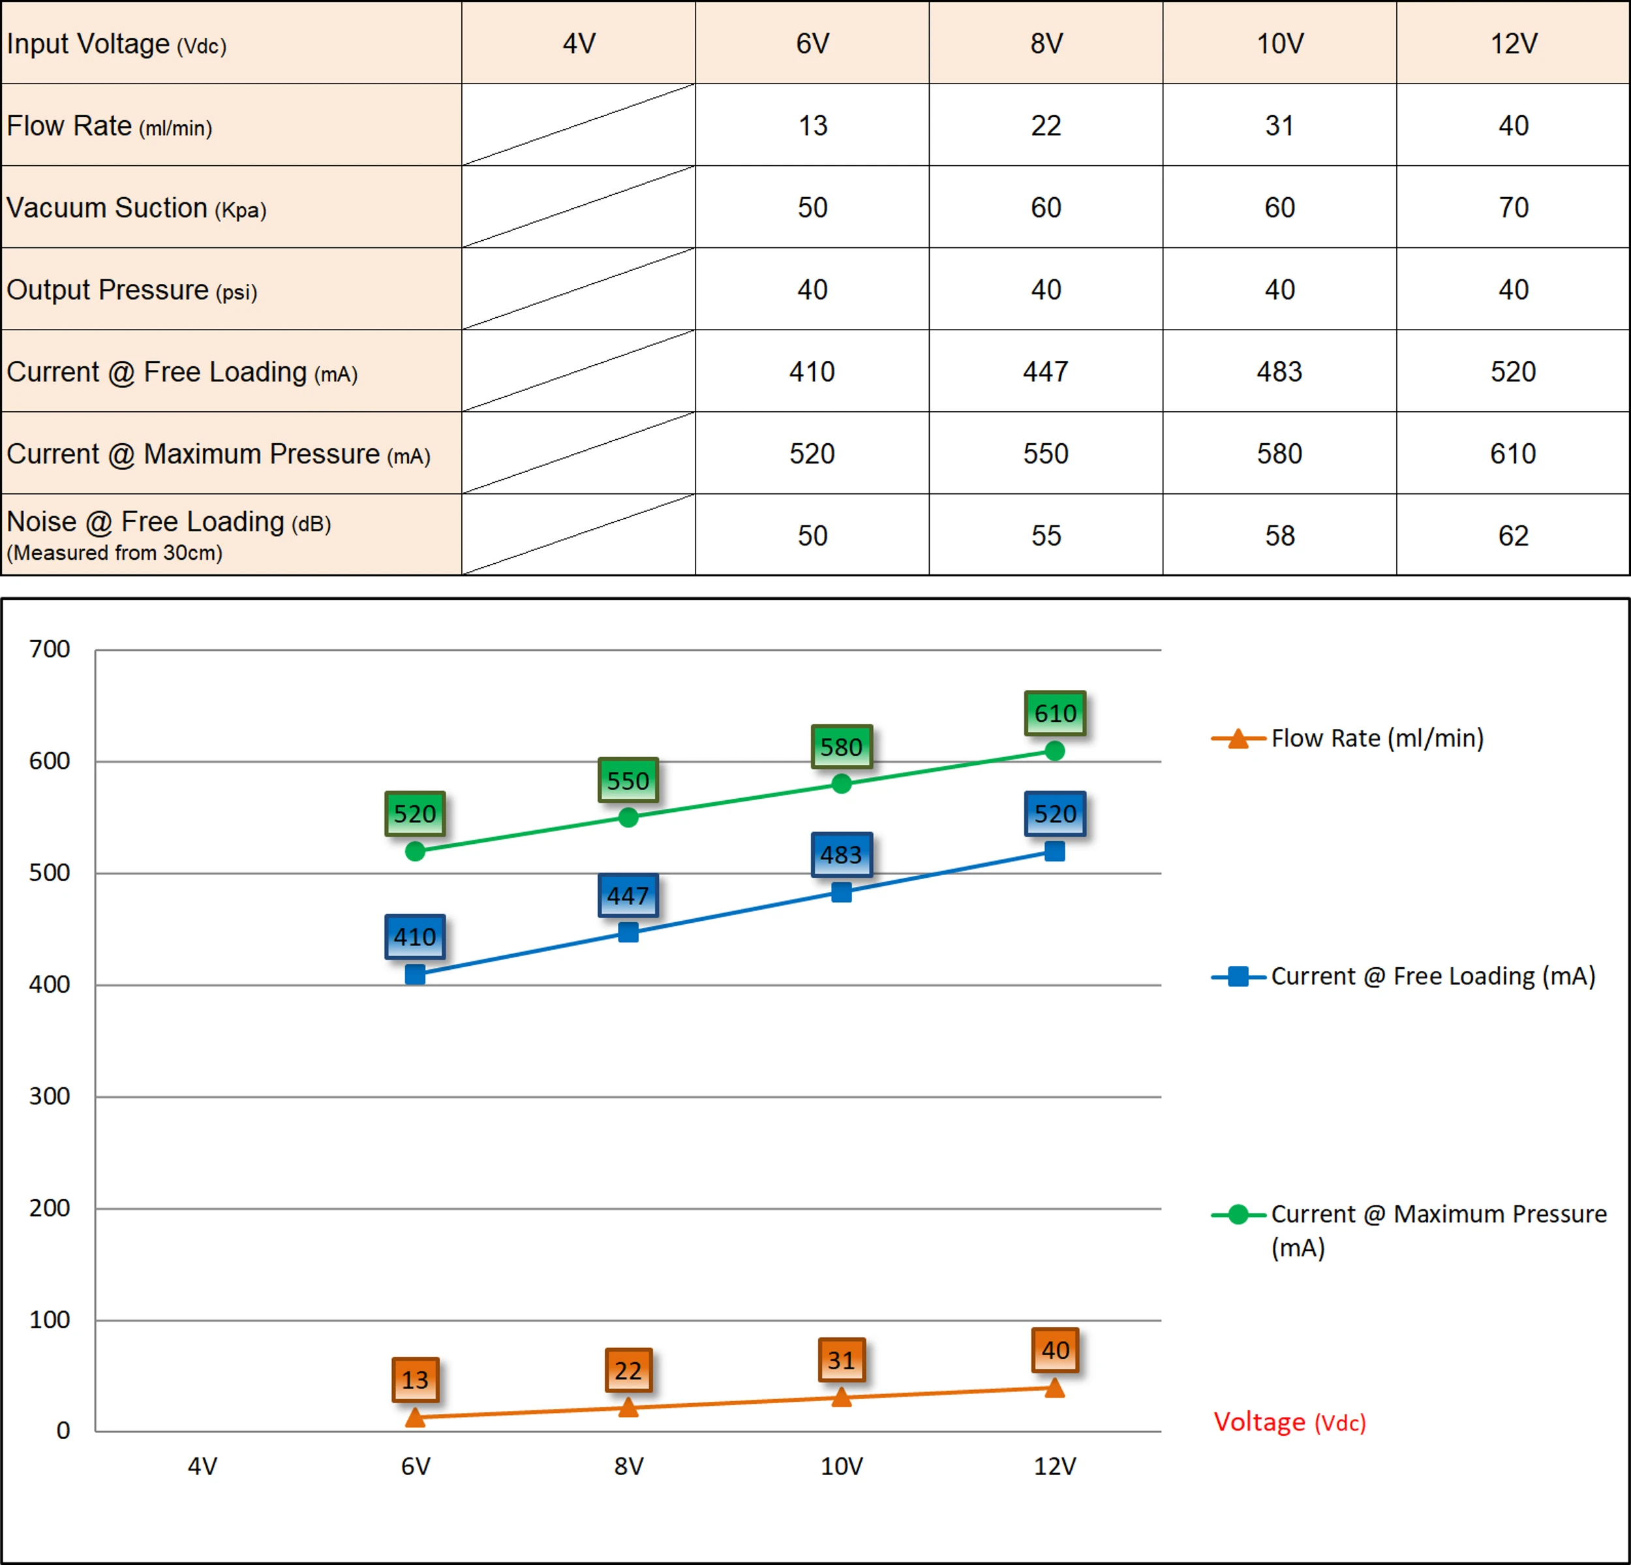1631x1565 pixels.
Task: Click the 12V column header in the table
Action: (x=1513, y=43)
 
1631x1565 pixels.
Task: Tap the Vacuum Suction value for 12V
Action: (x=1513, y=208)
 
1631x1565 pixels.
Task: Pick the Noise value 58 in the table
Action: (x=1279, y=535)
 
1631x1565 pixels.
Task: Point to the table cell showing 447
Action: (x=1045, y=371)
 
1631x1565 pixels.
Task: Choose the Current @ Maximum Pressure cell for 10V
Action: (x=1279, y=454)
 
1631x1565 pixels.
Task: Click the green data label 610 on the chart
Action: (x=1055, y=713)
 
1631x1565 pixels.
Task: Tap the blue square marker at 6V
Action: (x=415, y=974)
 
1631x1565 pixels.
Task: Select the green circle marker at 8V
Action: (x=628, y=818)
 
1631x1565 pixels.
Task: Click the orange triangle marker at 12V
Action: (x=1054, y=1387)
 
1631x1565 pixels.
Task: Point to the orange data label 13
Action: (x=415, y=1380)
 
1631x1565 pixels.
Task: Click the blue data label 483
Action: (x=842, y=855)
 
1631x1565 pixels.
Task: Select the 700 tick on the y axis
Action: (x=50, y=649)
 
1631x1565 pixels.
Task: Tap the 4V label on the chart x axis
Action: (x=202, y=1466)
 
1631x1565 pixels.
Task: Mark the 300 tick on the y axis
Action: (x=50, y=1096)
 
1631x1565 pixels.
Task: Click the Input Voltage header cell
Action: (x=117, y=43)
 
